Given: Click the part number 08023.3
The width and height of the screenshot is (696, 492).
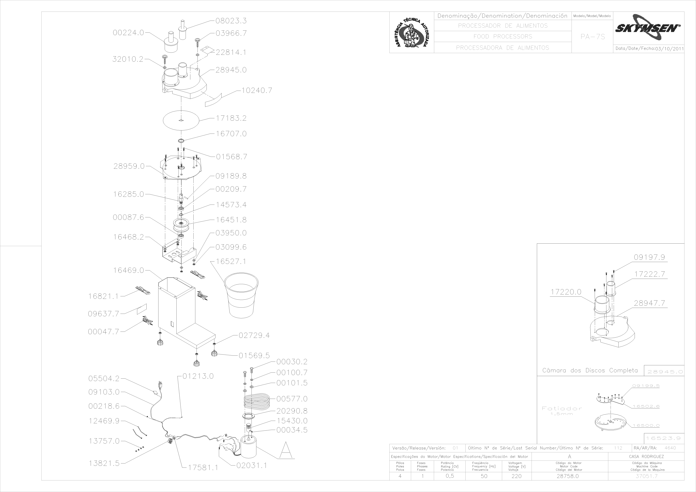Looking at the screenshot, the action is click(x=231, y=21).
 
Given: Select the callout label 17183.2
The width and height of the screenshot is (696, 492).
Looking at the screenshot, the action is click(x=231, y=118).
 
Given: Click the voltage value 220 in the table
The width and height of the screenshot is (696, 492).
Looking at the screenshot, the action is click(x=517, y=476).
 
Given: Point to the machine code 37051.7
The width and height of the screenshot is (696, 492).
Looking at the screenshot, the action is click(x=647, y=476).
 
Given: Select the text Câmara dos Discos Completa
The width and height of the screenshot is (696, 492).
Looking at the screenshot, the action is click(x=590, y=370).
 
